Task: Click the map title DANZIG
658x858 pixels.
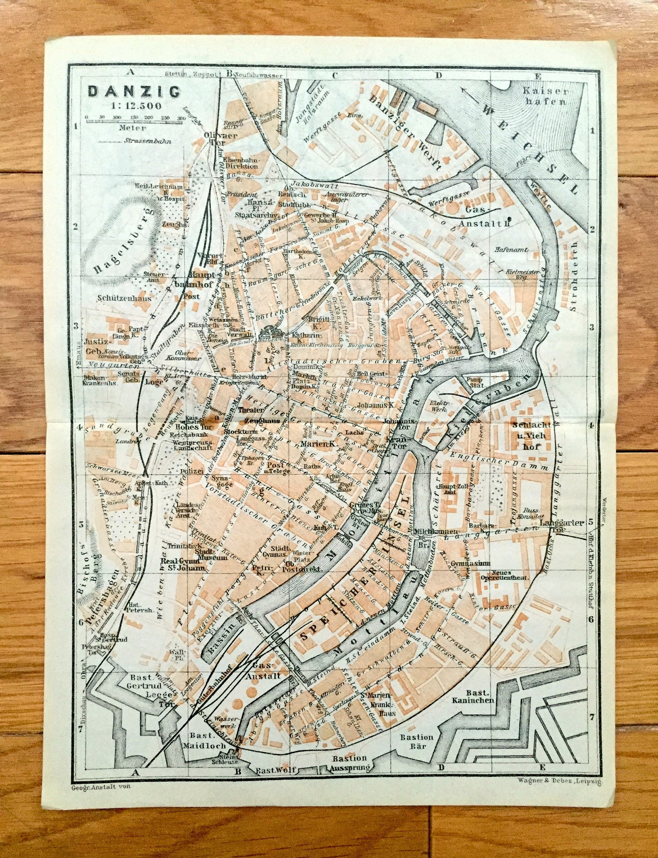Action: pos(134,91)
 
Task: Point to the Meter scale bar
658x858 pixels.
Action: pos(133,121)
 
